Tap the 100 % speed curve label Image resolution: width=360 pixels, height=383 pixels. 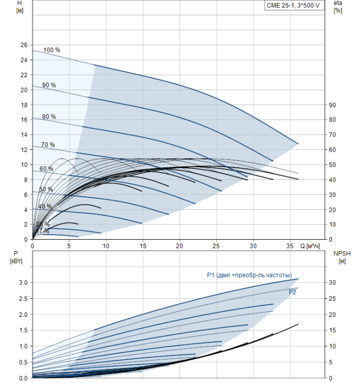52,50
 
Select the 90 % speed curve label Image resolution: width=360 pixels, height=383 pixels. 49,85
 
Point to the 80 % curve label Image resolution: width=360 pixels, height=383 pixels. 49,117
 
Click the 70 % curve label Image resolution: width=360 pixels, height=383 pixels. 48,144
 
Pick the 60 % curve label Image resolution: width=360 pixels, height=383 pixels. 47,169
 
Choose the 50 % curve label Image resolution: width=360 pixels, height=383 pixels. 46,189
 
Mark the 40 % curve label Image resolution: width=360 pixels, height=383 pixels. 45,206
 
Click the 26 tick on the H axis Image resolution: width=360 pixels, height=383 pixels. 23,45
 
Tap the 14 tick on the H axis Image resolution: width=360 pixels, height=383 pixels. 23,135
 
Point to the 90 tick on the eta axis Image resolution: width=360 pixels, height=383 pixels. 332,105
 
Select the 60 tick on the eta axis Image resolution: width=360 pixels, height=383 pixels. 332,150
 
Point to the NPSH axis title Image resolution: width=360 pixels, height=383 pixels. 340,257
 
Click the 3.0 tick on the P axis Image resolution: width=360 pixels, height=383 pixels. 22,282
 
